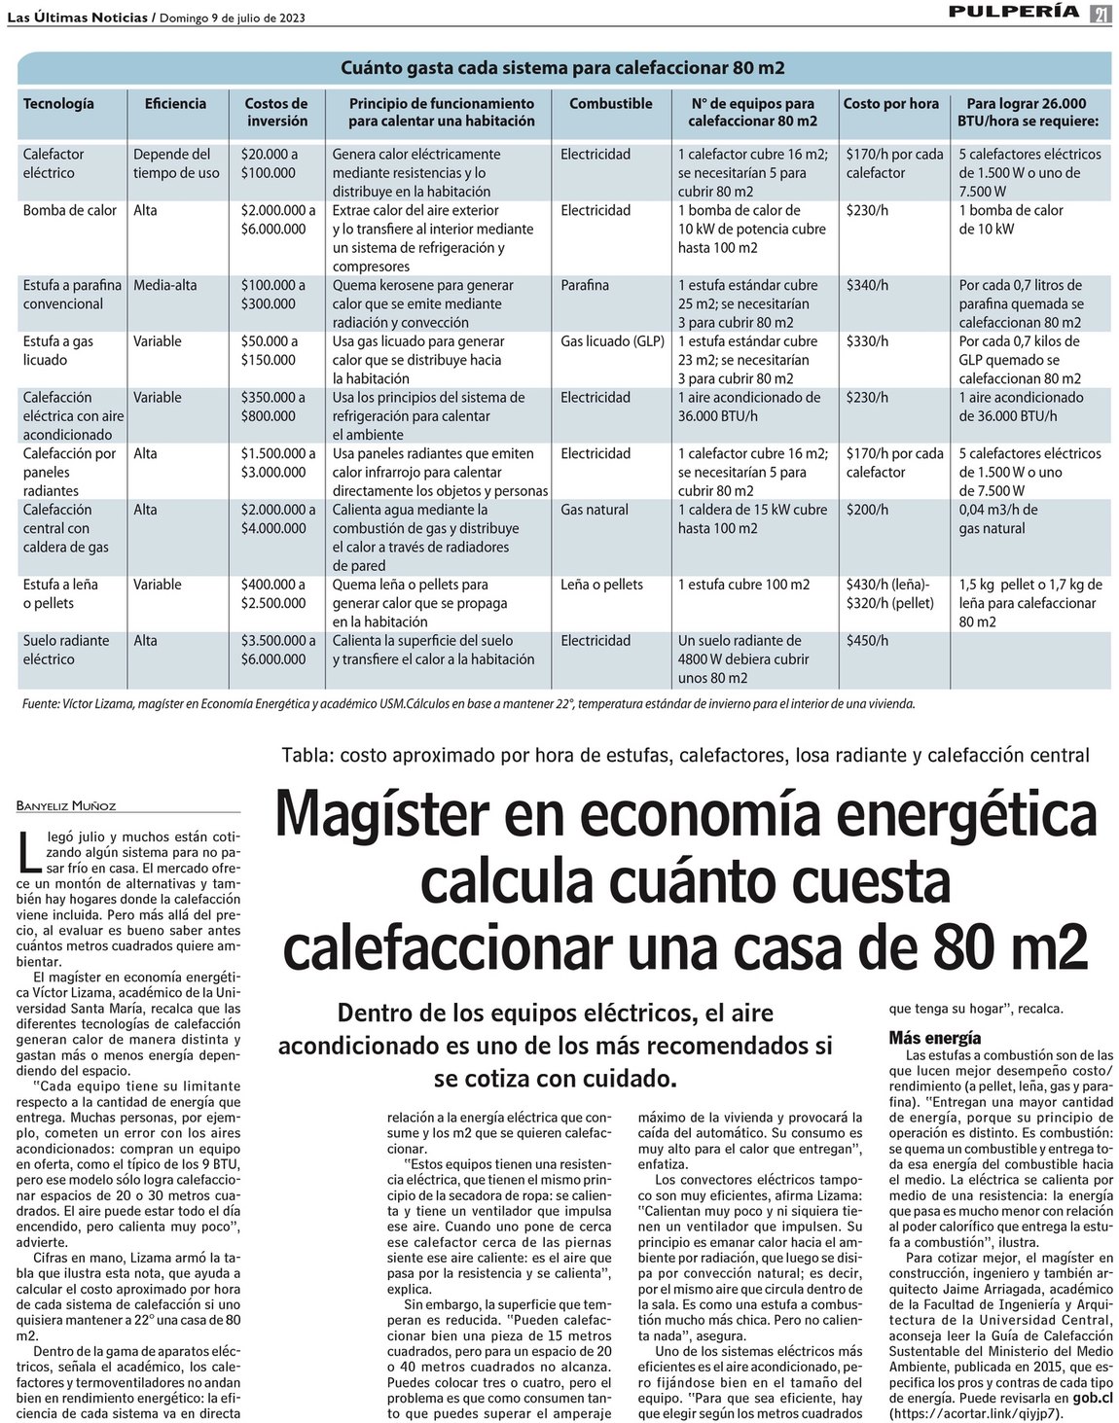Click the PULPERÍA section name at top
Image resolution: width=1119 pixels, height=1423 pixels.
(x=1016, y=12)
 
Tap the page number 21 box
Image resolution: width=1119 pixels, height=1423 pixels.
(x=1101, y=14)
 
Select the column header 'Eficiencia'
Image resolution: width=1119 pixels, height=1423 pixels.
(x=175, y=103)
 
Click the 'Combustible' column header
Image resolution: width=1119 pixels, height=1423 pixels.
(x=610, y=103)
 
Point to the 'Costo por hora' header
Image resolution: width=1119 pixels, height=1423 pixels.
(x=890, y=103)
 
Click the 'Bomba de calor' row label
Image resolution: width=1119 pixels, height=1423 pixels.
(x=69, y=210)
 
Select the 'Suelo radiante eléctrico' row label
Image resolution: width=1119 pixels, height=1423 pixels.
(x=66, y=650)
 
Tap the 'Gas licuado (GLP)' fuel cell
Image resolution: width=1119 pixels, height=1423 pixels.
(x=612, y=341)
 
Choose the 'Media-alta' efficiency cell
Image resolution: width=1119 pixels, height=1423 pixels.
(x=164, y=285)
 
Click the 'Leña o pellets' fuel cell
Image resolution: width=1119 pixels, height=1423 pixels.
(x=601, y=585)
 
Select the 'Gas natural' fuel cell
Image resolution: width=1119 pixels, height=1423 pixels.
(x=595, y=510)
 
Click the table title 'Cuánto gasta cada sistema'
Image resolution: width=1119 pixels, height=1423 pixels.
(x=562, y=68)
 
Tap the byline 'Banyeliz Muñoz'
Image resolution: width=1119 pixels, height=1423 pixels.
(x=65, y=805)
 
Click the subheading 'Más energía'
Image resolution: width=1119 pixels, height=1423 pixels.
(x=934, y=1038)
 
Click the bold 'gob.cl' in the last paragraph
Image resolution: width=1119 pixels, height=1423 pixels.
(x=1093, y=1398)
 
